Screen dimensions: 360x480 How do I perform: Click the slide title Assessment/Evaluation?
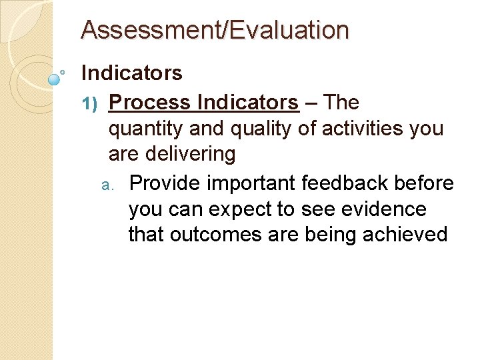pyautogui.click(x=215, y=30)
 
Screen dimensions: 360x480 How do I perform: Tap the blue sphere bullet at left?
pyautogui.click(x=55, y=79)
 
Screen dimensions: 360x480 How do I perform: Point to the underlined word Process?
pyautogui.click(x=148, y=103)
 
